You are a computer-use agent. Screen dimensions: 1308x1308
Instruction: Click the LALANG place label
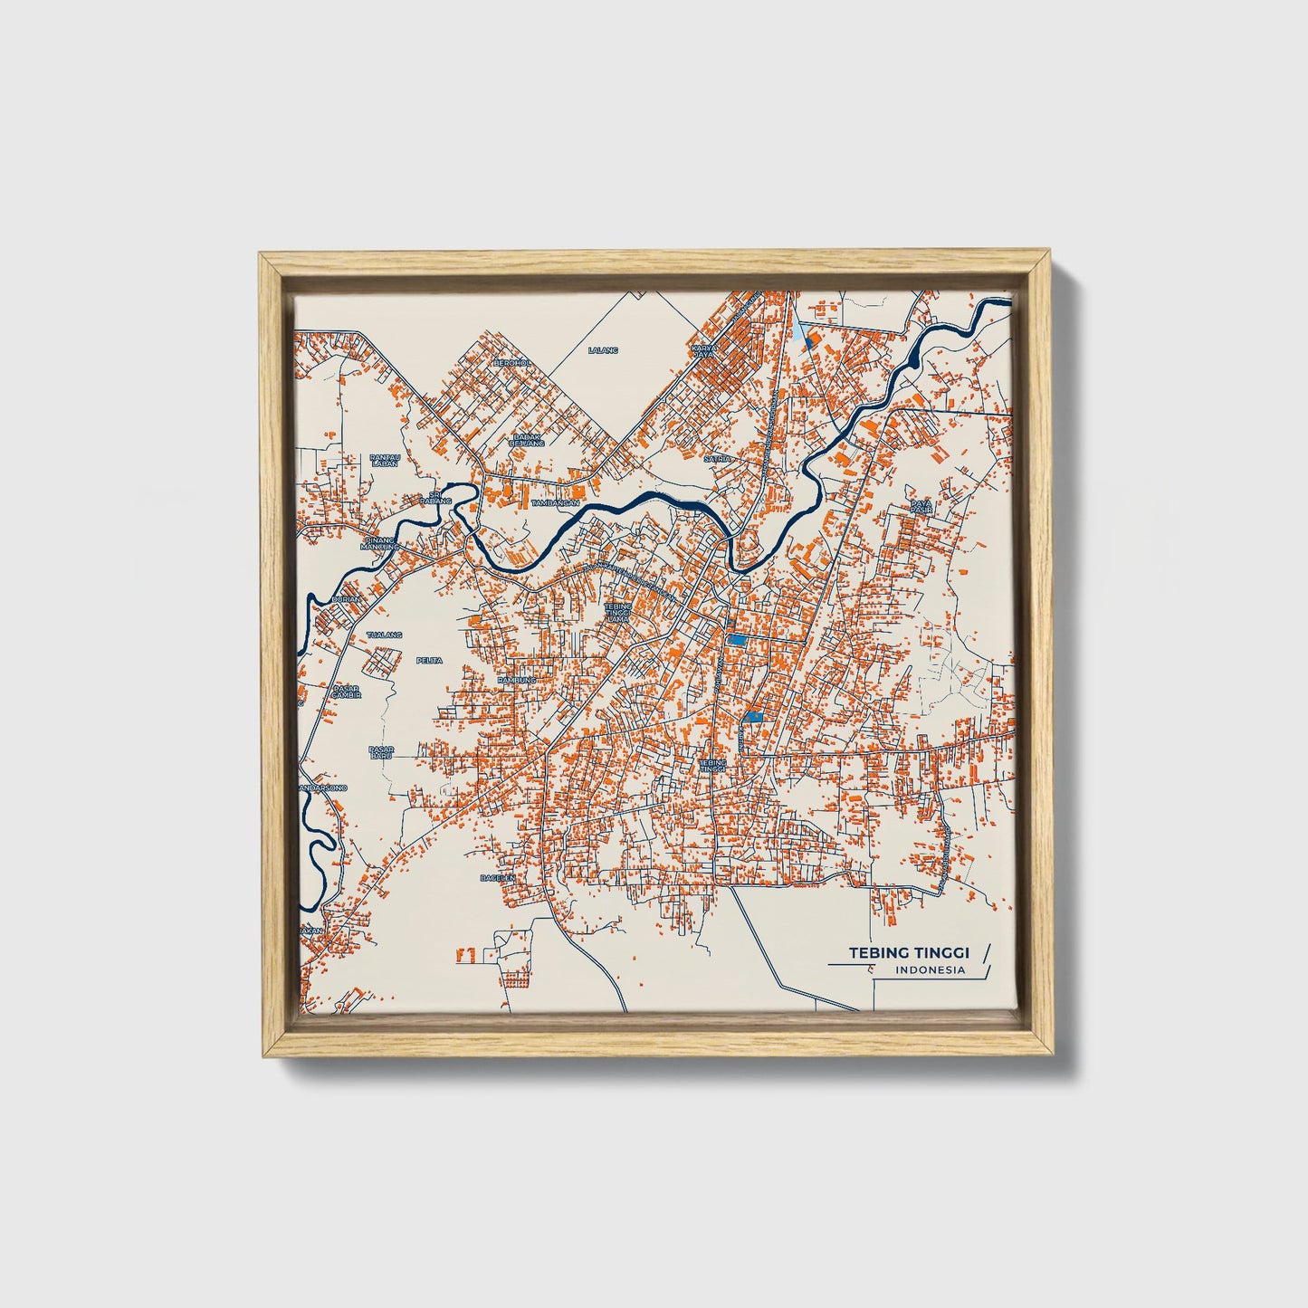(x=602, y=349)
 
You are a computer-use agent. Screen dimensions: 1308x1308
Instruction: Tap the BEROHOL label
(x=510, y=362)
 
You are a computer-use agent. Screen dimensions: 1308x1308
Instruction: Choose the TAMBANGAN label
(x=555, y=502)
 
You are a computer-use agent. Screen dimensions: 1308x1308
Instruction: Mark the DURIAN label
(x=346, y=599)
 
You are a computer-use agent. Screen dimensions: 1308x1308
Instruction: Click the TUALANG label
(x=384, y=635)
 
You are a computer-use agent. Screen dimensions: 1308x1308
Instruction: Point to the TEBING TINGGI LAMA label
(x=619, y=612)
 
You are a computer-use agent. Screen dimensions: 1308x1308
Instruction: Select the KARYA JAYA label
(x=703, y=350)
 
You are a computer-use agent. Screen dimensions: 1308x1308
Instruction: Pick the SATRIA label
(x=717, y=459)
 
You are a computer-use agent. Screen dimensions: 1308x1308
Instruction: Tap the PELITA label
(x=429, y=660)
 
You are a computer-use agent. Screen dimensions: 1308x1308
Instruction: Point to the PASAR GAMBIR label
(x=347, y=691)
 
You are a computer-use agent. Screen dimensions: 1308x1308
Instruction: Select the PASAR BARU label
(x=380, y=751)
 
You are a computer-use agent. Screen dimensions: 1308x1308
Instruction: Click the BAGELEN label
(x=497, y=877)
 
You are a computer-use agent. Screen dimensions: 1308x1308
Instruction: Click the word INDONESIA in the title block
(x=930, y=970)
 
